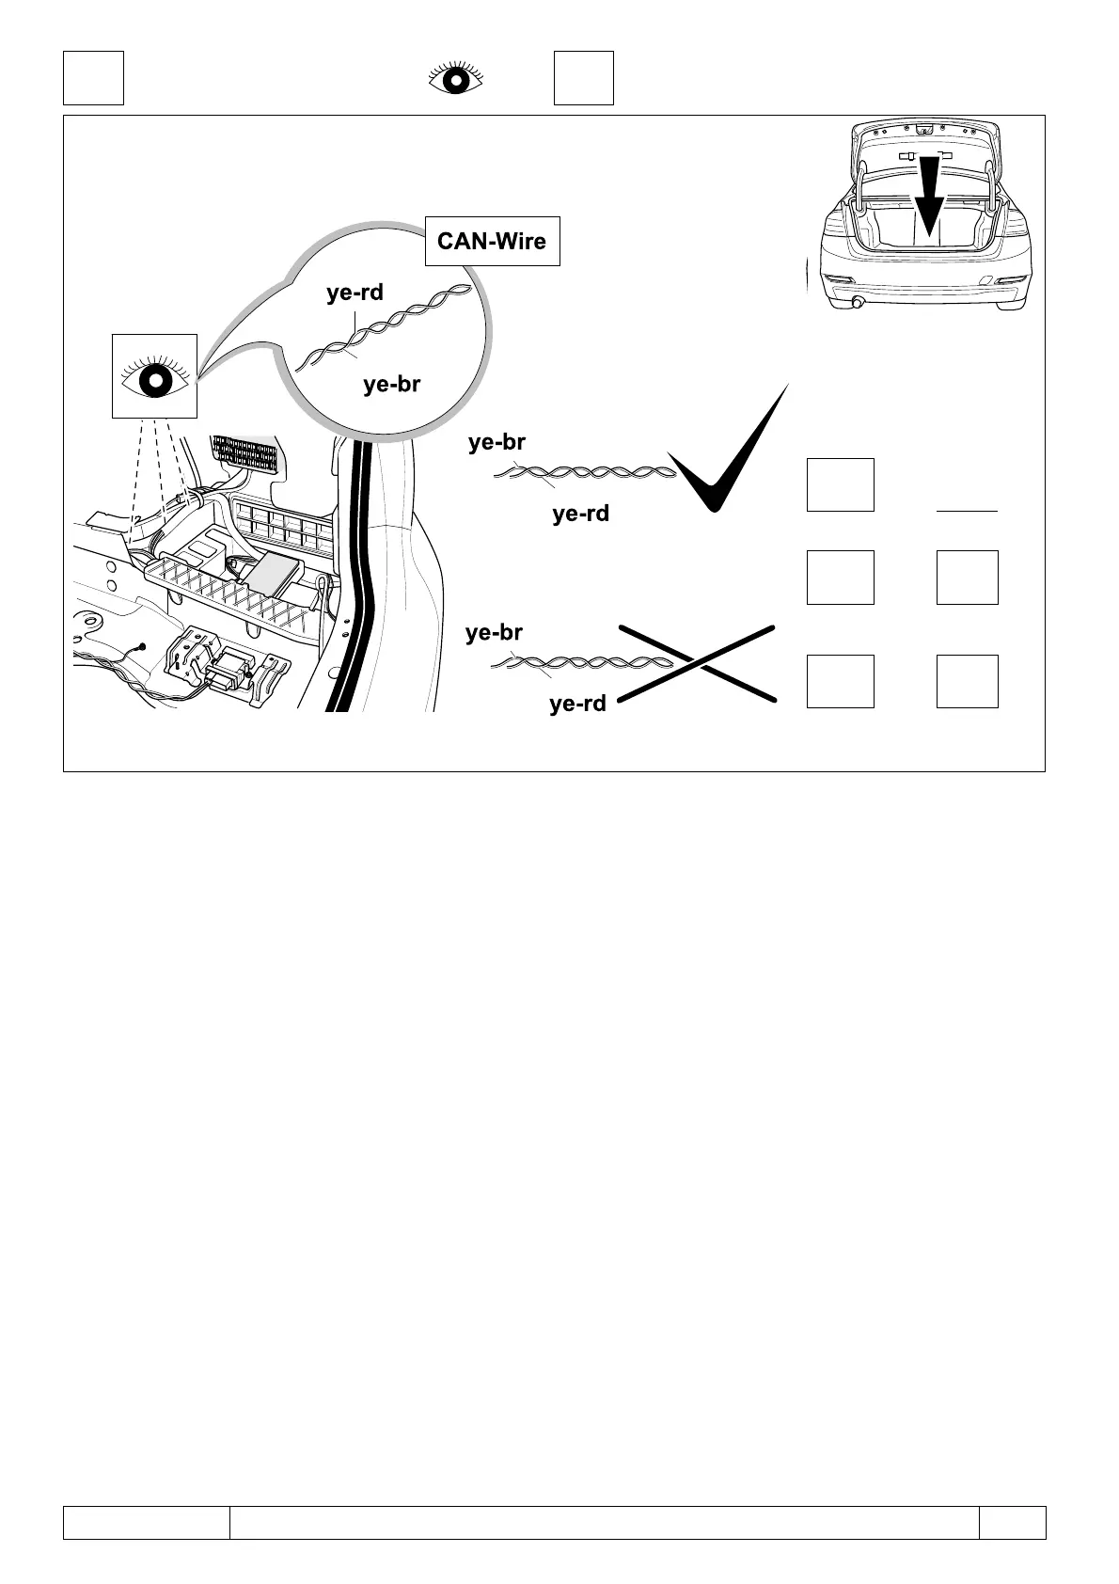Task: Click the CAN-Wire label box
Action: pyautogui.click(x=492, y=241)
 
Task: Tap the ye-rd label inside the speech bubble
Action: pyautogui.click(x=355, y=293)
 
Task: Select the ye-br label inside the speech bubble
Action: pyautogui.click(x=391, y=384)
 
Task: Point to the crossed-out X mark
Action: pyautogui.click(x=697, y=663)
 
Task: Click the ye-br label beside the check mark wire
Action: pyautogui.click(x=496, y=442)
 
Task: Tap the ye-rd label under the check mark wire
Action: pyautogui.click(x=580, y=514)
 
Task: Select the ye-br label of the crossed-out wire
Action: pyautogui.click(x=494, y=633)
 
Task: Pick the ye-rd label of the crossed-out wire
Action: pyautogui.click(x=577, y=704)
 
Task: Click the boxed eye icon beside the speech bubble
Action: pyautogui.click(x=154, y=376)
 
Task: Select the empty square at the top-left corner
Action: pyautogui.click(x=93, y=77)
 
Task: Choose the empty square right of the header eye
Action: pyautogui.click(x=583, y=77)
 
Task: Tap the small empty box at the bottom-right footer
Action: pyautogui.click(x=1012, y=1523)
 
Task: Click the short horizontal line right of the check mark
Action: pyautogui.click(x=967, y=510)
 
